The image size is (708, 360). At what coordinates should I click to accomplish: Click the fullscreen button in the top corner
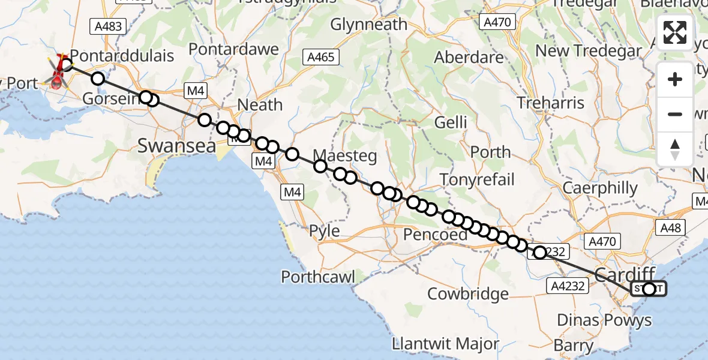[x=675, y=32]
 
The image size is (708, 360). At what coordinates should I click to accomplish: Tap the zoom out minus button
[x=675, y=114]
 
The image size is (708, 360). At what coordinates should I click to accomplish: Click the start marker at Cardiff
[x=649, y=289]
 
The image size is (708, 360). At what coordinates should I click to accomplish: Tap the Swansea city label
[x=177, y=145]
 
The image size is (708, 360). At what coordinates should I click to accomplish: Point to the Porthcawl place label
[x=319, y=277]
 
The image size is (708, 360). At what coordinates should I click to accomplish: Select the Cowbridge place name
[x=467, y=294]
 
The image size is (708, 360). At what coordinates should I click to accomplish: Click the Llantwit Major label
[x=445, y=344]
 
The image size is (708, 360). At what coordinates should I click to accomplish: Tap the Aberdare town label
[x=469, y=58]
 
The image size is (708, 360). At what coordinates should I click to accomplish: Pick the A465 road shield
[x=321, y=58]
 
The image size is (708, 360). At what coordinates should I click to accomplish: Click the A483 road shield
[x=108, y=26]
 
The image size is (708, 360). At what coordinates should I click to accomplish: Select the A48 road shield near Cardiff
[x=670, y=227]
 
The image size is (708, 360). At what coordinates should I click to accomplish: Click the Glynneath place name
[x=368, y=25]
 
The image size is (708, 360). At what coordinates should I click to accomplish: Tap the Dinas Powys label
[x=604, y=320]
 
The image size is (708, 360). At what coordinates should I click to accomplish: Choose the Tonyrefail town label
[x=478, y=179]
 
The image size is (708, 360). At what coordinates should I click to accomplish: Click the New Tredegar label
[x=589, y=51]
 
